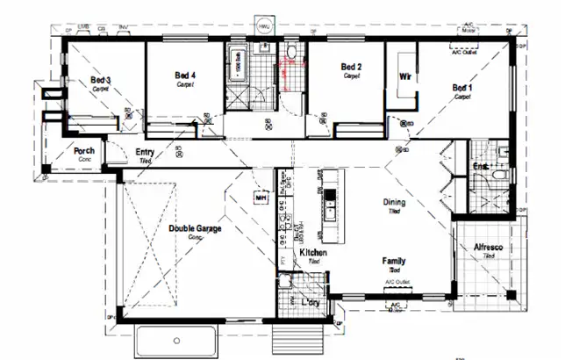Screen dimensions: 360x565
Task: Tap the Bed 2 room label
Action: click(x=352, y=67)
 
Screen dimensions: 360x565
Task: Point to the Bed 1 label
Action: click(x=462, y=88)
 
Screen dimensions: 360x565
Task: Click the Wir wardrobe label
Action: click(x=405, y=77)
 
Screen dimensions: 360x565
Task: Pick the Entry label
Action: click(x=146, y=153)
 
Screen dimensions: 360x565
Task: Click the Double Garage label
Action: click(x=195, y=228)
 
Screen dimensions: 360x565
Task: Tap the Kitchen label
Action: click(x=313, y=252)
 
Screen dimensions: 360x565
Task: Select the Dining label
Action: click(x=394, y=203)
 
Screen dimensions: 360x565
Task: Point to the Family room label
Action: click(x=393, y=261)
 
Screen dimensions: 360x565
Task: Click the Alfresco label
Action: click(x=488, y=248)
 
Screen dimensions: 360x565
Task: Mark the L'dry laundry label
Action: click(x=309, y=302)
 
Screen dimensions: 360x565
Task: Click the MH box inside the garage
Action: click(x=261, y=198)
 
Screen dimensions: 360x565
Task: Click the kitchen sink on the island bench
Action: click(x=331, y=211)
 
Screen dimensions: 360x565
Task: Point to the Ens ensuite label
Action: click(x=480, y=164)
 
